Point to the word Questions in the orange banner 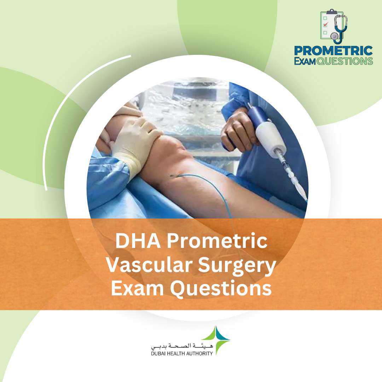point(221,289)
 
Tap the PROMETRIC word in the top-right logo point(333,51)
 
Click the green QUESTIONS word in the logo point(345,61)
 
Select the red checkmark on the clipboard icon point(326,24)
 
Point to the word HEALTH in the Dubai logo point(179,353)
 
